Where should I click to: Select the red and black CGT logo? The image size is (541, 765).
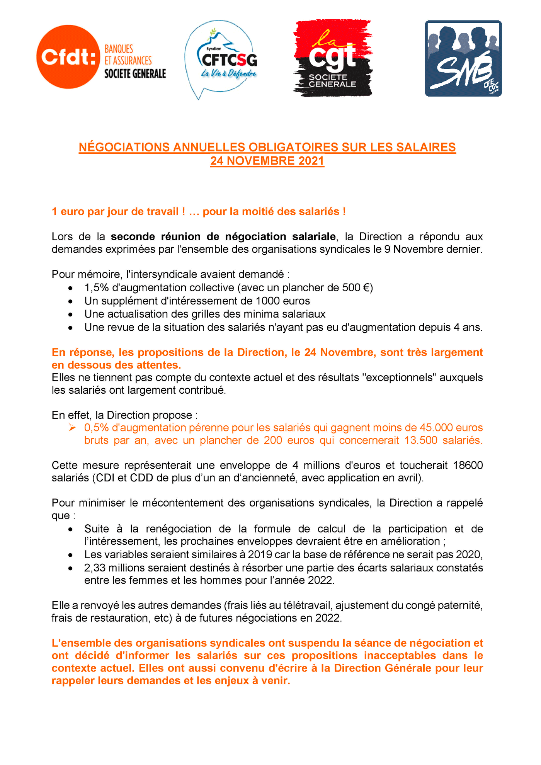point(333,58)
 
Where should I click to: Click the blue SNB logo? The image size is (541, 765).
point(463,58)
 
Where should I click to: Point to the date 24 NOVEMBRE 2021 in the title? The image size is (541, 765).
point(267,161)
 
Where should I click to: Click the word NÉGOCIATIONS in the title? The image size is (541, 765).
point(124,147)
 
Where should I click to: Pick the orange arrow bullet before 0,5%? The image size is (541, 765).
point(72,427)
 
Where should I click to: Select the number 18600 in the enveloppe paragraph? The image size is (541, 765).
point(468,465)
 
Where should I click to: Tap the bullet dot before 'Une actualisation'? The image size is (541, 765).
point(70,314)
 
